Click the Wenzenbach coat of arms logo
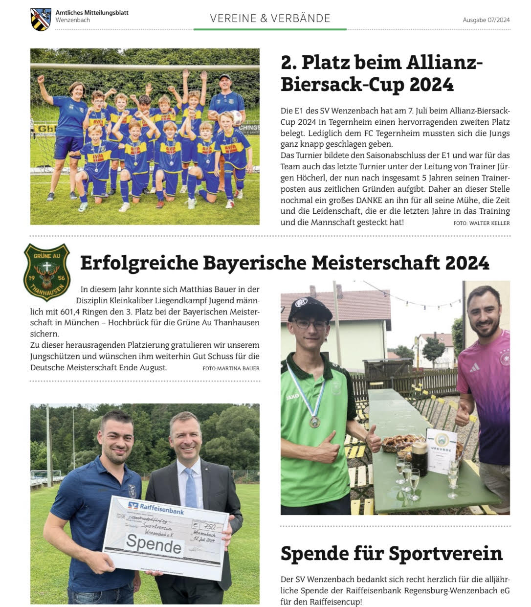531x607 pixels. tap(41, 19)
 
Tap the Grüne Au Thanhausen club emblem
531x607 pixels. tap(47, 271)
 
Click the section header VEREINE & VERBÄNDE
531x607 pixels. tap(270, 19)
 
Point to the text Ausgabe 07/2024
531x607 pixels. tap(486, 20)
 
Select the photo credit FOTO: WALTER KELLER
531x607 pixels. tap(481, 223)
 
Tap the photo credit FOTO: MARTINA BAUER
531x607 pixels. tap(231, 368)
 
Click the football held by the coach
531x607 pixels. tap(237, 117)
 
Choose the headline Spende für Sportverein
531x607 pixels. tap(391, 553)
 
